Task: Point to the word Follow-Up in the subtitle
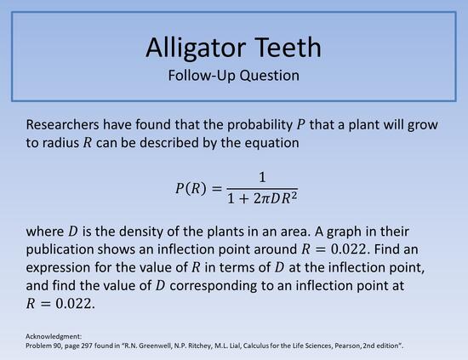click(201, 75)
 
